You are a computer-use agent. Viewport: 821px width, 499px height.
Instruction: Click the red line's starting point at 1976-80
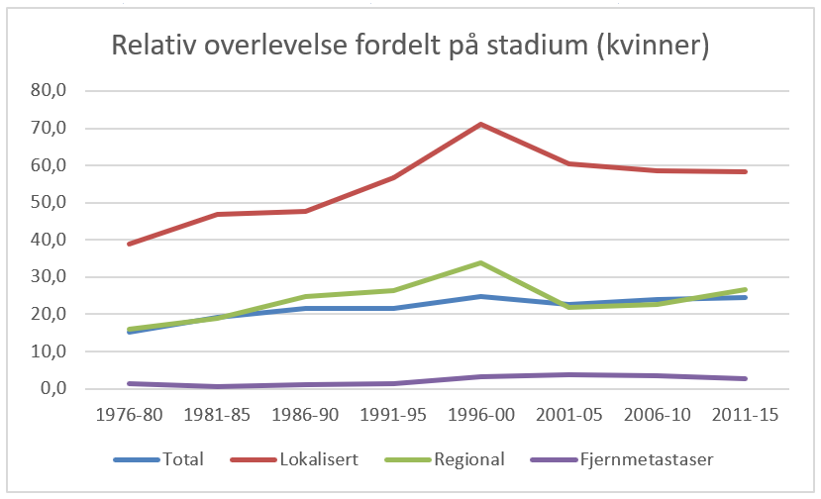[129, 244]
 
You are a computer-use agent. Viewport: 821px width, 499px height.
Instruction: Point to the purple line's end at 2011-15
[746, 378]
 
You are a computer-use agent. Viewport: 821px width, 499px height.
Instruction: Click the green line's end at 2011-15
[746, 290]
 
